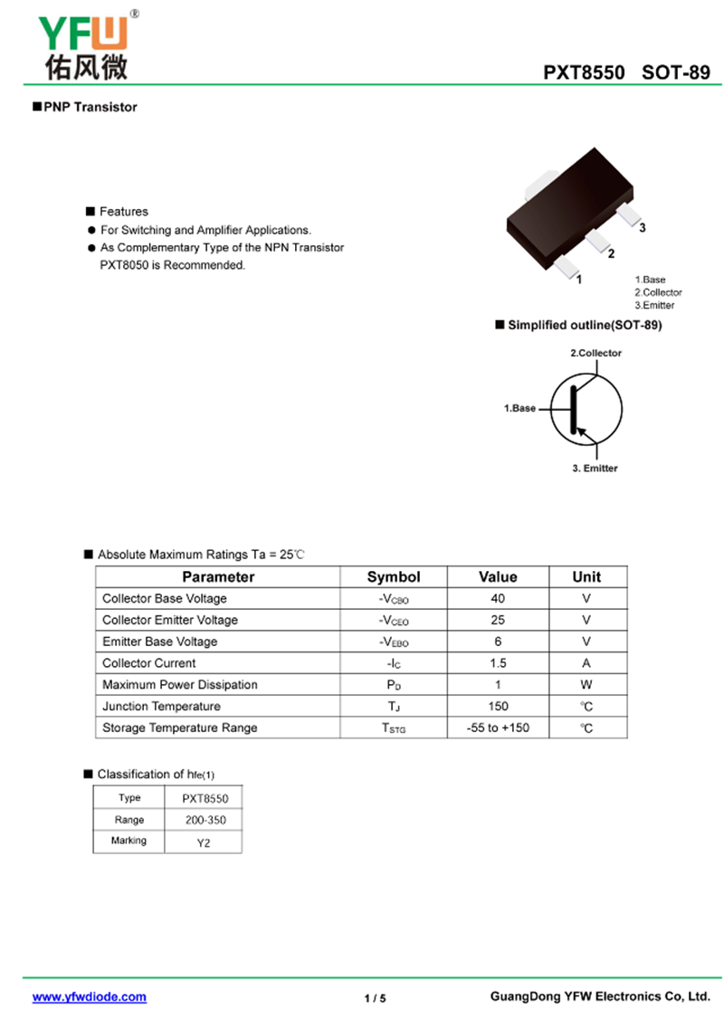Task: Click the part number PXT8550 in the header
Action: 584,73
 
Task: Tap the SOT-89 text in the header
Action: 676,73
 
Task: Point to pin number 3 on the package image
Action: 643,228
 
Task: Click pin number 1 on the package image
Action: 579,279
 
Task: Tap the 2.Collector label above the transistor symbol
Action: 595,353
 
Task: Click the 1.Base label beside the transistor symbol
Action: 519,408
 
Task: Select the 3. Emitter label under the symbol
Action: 595,468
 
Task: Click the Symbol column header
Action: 394,576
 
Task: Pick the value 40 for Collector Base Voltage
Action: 498,598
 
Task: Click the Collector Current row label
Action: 148,663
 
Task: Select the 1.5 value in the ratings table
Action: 498,663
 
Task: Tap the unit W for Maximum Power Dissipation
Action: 586,685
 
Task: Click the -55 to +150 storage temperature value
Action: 498,728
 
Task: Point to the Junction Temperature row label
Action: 161,707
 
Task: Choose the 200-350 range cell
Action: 204,820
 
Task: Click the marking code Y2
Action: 204,842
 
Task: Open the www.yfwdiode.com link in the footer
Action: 90,996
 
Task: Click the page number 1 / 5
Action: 375,998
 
